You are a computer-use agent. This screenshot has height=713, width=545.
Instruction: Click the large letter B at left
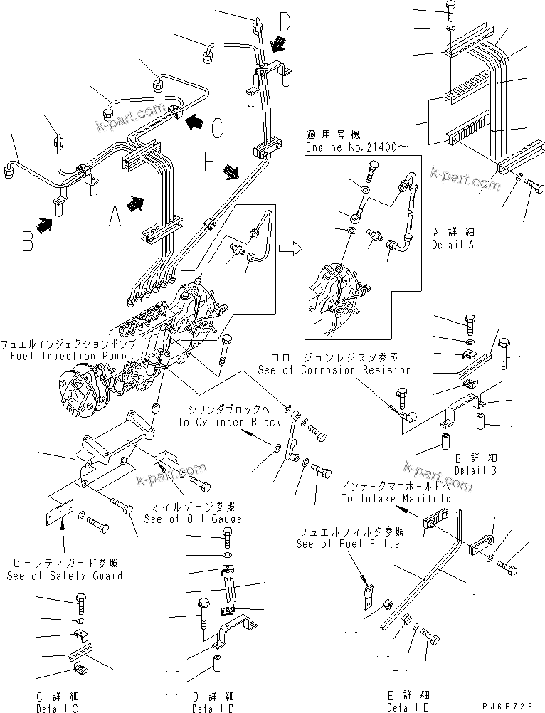tap(28, 241)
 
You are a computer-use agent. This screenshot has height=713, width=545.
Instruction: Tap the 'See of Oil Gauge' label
tap(193, 519)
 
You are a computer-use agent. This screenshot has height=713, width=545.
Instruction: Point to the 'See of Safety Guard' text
tap(65, 576)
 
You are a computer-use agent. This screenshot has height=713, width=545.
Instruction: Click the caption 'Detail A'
tap(453, 244)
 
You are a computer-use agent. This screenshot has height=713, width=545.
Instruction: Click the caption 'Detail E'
tap(408, 707)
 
